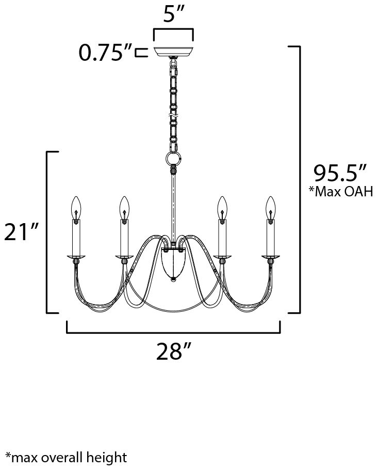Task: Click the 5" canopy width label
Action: [x=173, y=15]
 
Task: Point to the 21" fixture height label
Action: [x=22, y=232]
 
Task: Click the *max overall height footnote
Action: [x=66, y=457]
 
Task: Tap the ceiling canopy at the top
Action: [x=173, y=52]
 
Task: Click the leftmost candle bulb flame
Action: [x=76, y=208]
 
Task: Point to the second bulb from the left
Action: [x=124, y=208]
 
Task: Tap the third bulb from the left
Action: [x=222, y=208]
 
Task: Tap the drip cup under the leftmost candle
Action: [x=76, y=256]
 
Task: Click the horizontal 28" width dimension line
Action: [x=173, y=333]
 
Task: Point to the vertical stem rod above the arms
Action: [x=173, y=206]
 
